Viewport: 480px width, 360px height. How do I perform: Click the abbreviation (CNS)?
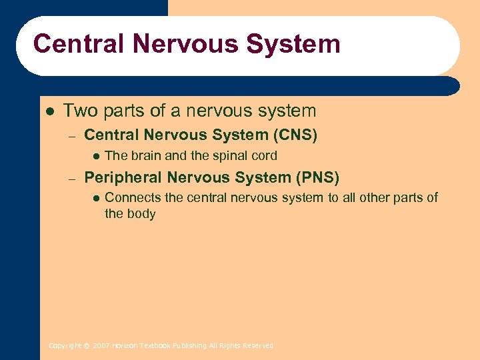coord(295,135)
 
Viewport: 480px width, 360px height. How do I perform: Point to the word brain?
coord(146,156)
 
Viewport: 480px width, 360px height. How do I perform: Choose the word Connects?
coord(131,198)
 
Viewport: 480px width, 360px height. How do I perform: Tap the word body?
coord(141,214)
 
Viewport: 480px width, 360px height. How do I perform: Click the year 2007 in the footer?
coord(101,346)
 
